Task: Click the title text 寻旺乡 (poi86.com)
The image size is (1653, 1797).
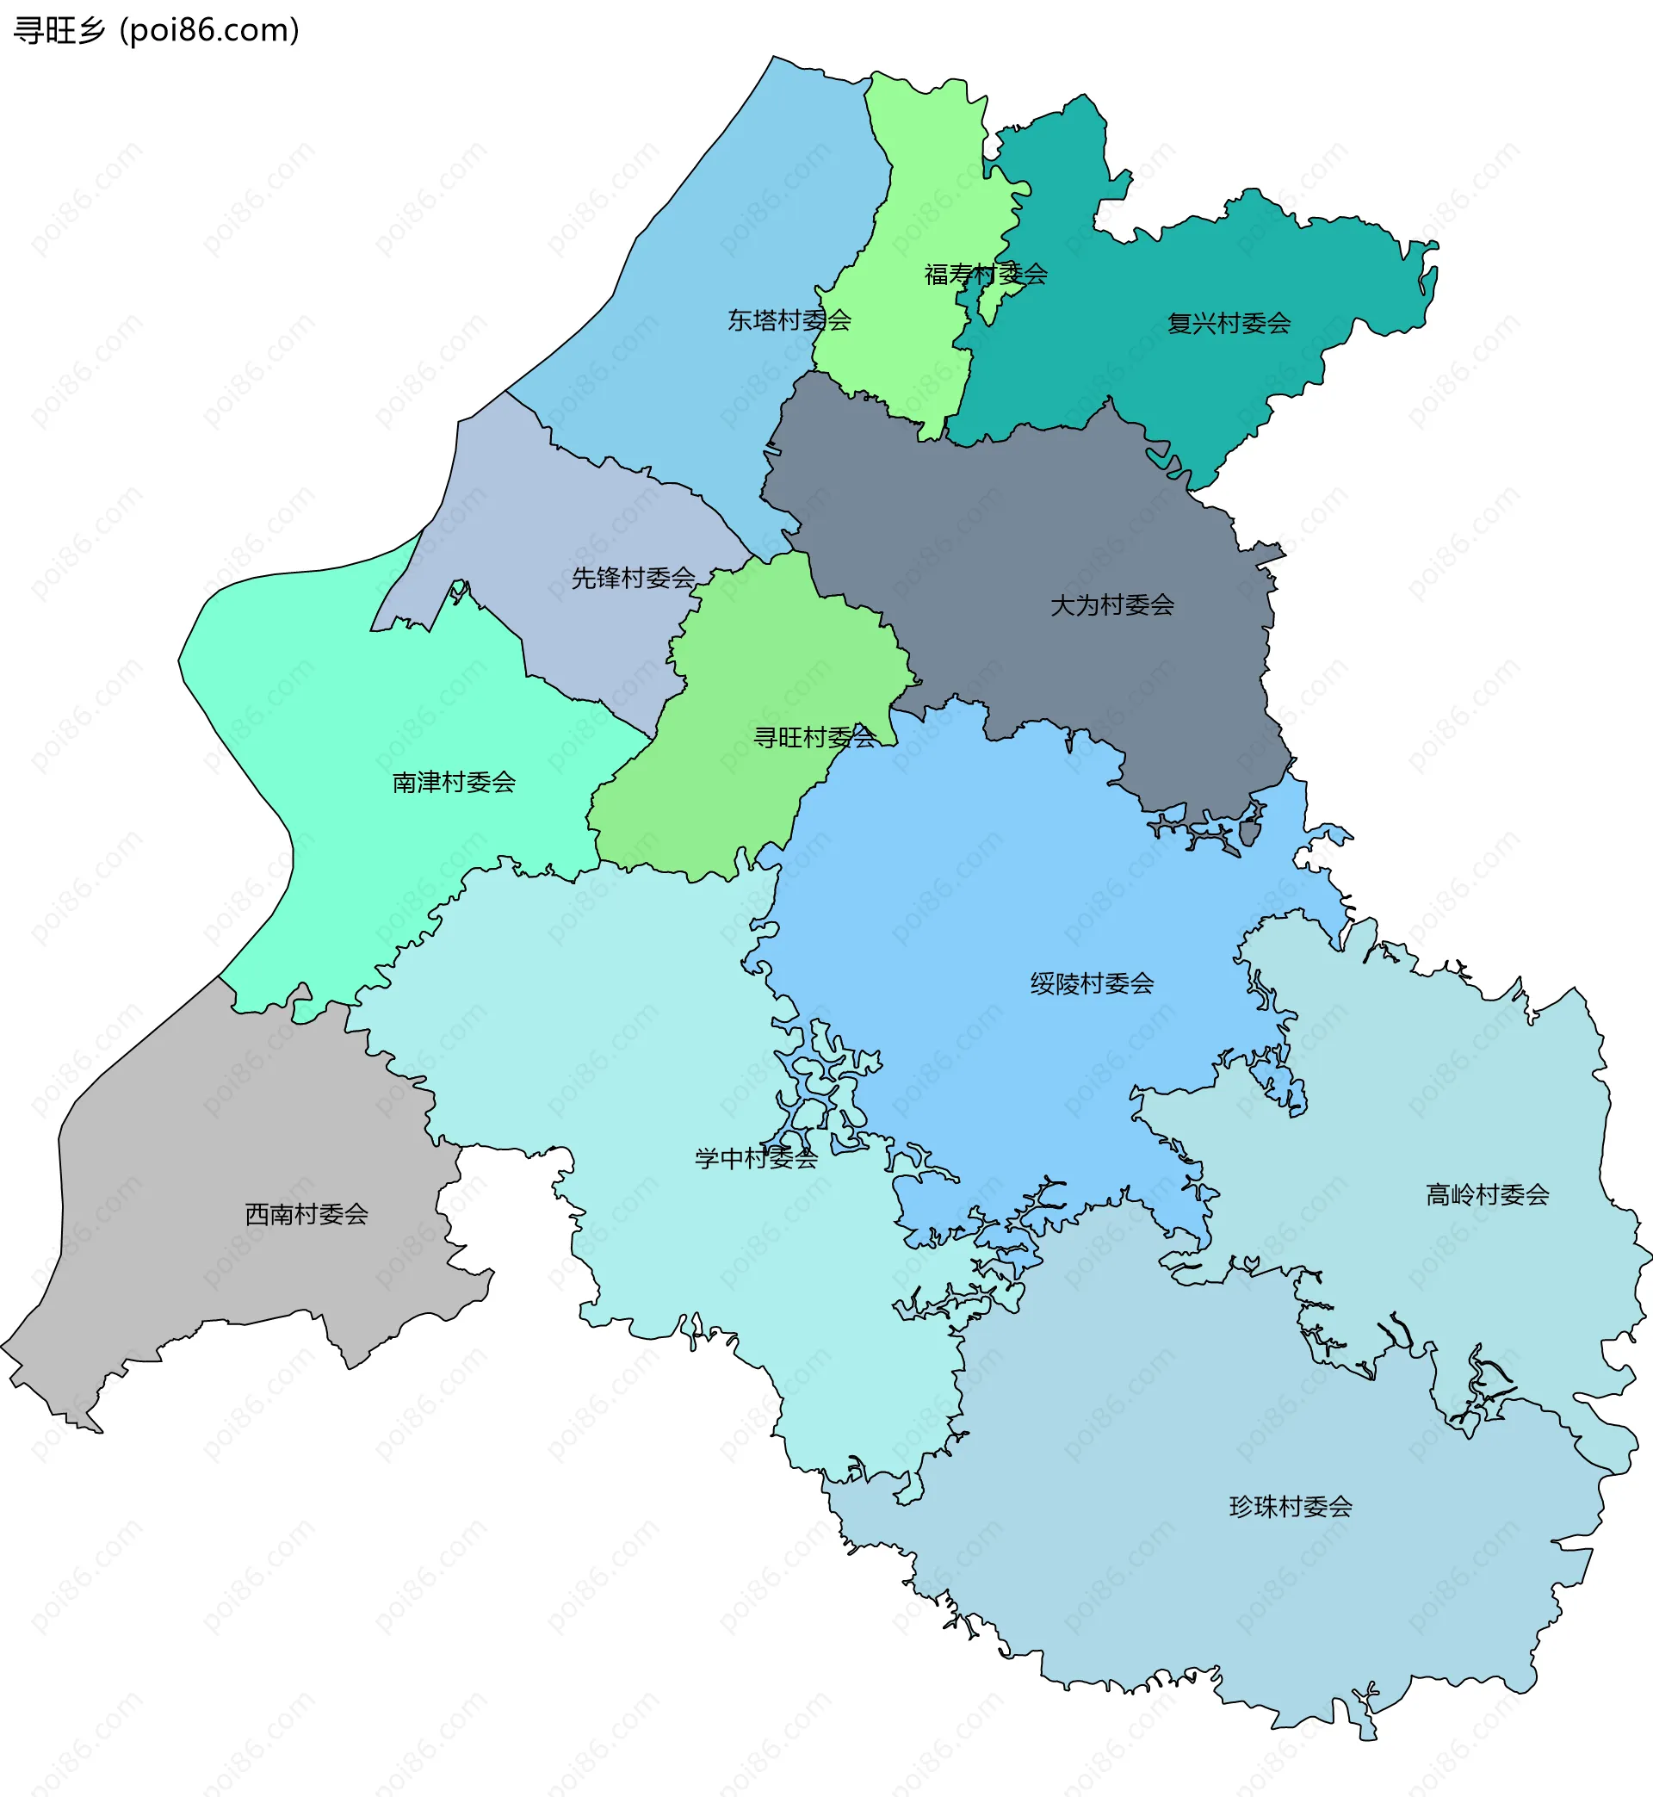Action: [x=157, y=30]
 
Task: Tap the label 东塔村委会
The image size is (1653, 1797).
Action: [x=788, y=320]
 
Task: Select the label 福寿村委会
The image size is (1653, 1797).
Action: [x=985, y=274]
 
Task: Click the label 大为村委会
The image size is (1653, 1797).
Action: [x=1111, y=604]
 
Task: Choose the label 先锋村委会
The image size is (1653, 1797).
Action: [x=634, y=578]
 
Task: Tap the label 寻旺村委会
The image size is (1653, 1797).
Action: [x=814, y=737]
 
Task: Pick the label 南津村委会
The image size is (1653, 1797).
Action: [x=454, y=782]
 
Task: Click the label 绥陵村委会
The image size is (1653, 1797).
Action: [x=1092, y=984]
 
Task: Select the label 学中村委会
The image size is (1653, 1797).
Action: [x=756, y=1158]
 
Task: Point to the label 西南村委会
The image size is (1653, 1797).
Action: [x=306, y=1214]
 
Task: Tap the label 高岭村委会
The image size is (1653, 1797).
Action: [x=1487, y=1194]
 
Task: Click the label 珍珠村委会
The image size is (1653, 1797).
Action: [x=1290, y=1506]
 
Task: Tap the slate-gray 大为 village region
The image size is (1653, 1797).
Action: [x=1029, y=536]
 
